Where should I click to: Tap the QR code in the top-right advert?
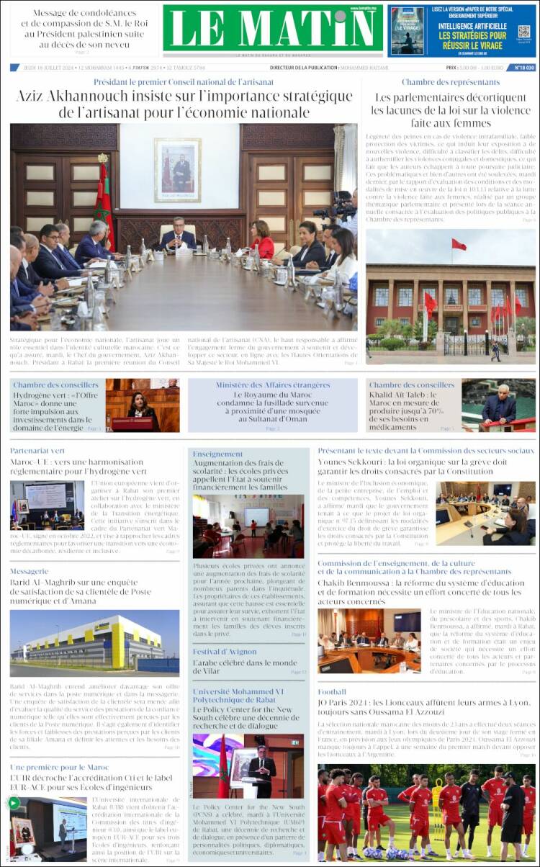click(523, 32)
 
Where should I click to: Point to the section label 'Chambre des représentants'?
click(450, 82)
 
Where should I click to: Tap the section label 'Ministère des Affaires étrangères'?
click(272, 385)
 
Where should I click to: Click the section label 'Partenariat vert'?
click(37, 451)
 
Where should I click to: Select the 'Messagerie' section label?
click(30, 571)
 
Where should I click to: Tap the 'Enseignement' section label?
click(217, 454)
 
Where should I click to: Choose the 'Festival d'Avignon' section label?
click(224, 652)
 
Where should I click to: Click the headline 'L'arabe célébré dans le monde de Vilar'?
click(244, 667)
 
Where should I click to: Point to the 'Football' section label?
click(332, 692)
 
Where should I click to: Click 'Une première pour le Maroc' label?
click(60, 767)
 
